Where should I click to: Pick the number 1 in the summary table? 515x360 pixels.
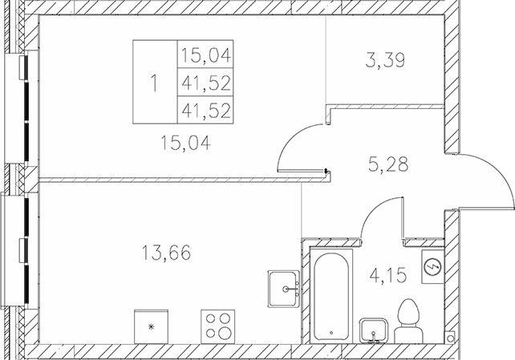click(x=154, y=81)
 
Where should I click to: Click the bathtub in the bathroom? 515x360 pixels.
click(x=329, y=293)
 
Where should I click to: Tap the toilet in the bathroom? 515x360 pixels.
click(x=410, y=317)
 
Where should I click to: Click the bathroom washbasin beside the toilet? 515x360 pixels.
click(x=374, y=330)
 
